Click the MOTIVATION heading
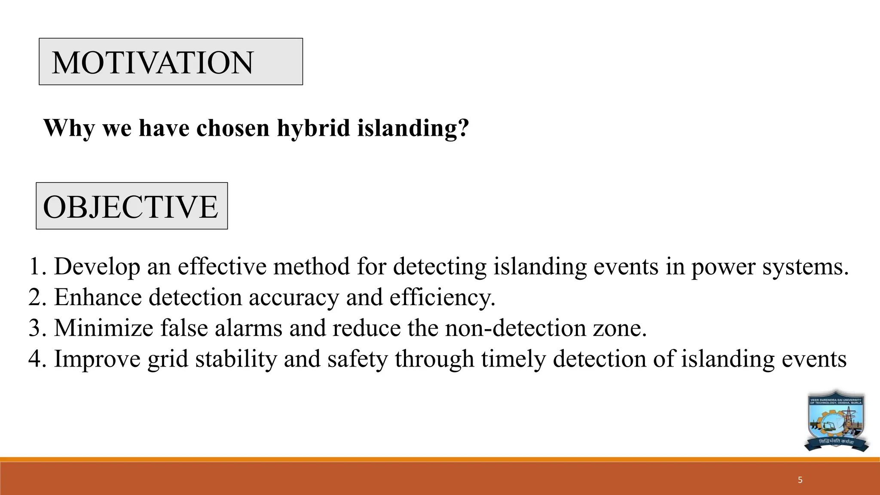(x=153, y=62)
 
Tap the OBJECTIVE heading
(x=131, y=207)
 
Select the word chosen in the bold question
(x=233, y=128)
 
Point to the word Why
(x=69, y=128)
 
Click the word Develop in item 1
(x=97, y=266)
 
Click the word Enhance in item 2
(x=98, y=297)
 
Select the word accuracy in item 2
(x=293, y=297)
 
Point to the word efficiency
(x=442, y=297)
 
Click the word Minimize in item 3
(x=104, y=328)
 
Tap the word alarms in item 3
(x=248, y=328)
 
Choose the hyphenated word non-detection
(x=515, y=328)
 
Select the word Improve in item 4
(x=97, y=359)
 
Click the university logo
(x=836, y=421)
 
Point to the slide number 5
(x=800, y=480)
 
